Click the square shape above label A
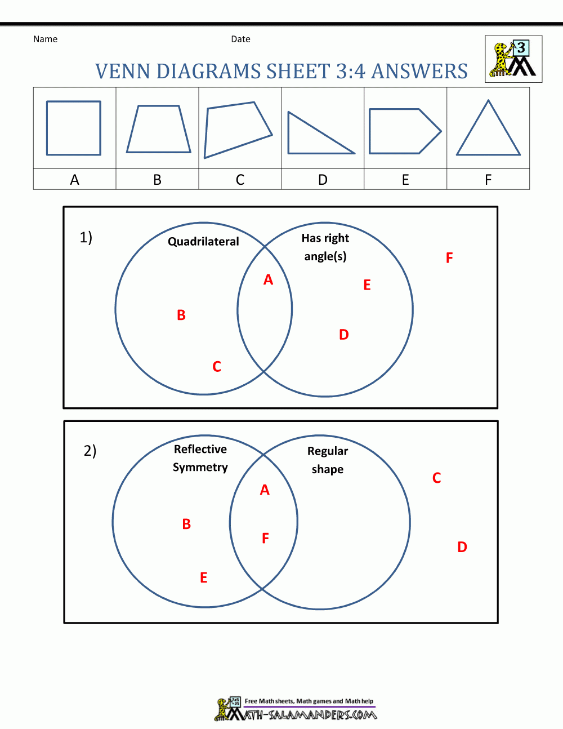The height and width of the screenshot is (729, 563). (x=74, y=128)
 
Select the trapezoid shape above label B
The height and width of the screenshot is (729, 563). (x=159, y=129)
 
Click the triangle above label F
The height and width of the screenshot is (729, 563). (x=488, y=131)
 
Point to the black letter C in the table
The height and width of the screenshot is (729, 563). (x=240, y=180)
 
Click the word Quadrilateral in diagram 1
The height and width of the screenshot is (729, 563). (x=203, y=241)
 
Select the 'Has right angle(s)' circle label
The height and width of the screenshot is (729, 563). (x=325, y=247)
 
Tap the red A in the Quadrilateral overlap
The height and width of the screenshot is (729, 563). (x=268, y=279)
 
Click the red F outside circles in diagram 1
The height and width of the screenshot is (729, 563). (x=449, y=258)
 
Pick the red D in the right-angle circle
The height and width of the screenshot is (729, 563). (x=344, y=335)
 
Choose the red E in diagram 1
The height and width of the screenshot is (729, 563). (x=367, y=285)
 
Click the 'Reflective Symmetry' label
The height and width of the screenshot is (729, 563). (x=200, y=458)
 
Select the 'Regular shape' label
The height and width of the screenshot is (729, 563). (x=328, y=460)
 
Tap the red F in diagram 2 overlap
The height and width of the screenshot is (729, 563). (x=265, y=539)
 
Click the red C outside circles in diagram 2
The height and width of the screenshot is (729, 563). (x=436, y=478)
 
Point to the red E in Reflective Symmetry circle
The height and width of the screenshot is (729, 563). (x=204, y=577)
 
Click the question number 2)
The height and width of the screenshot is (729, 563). (x=90, y=451)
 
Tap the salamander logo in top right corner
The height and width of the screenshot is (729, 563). (x=513, y=59)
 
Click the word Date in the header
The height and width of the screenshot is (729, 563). (x=240, y=39)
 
